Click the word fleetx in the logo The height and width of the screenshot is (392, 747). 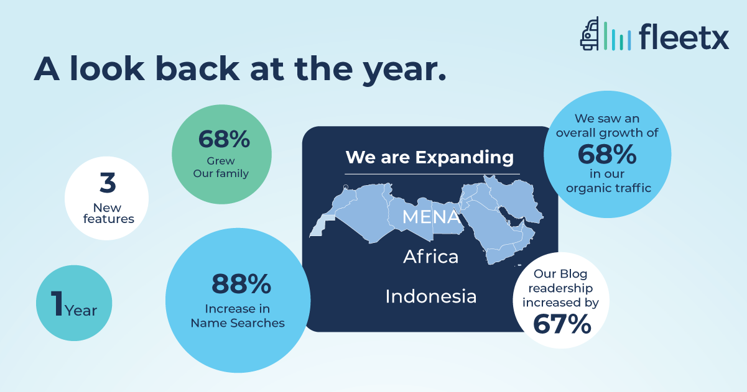pyautogui.click(x=684, y=37)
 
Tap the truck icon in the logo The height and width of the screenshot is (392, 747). pyautogui.click(x=590, y=34)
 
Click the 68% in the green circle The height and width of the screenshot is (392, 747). pyautogui.click(x=224, y=139)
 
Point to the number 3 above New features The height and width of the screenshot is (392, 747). pyautogui.click(x=108, y=183)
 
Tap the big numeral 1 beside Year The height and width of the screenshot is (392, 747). pyautogui.click(x=57, y=303)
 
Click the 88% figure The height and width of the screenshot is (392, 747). pyautogui.click(x=241, y=284)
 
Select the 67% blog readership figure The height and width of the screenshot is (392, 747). pyautogui.click(x=562, y=324)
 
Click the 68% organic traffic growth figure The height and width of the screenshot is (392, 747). pyautogui.click(x=607, y=155)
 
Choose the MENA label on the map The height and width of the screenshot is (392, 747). pyautogui.click(x=431, y=217)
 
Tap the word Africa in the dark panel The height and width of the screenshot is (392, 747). pyautogui.click(x=431, y=257)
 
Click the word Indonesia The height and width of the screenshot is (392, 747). pyautogui.click(x=431, y=296)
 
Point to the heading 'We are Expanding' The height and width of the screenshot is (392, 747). pyautogui.click(x=430, y=158)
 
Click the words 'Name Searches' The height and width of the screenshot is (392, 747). pyautogui.click(x=238, y=323)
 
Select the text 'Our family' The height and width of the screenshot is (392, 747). pyautogui.click(x=221, y=173)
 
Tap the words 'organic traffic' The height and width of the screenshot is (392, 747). pyautogui.click(x=608, y=188)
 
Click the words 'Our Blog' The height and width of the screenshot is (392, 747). pyautogui.click(x=560, y=274)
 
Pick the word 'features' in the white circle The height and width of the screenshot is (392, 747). pyautogui.click(x=109, y=219)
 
